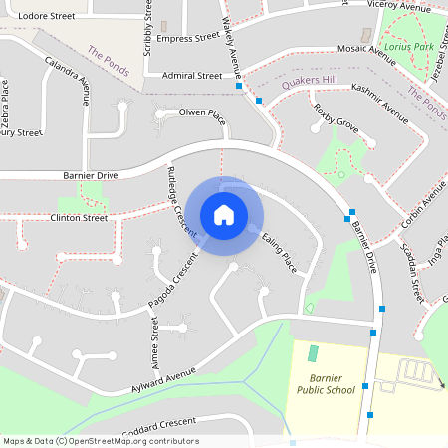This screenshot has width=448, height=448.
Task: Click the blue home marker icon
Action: [x=224, y=214]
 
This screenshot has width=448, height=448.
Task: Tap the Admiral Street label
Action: [x=192, y=75]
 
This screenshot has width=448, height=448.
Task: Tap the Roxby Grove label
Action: [x=336, y=115]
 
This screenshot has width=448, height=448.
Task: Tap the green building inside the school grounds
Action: [x=313, y=353]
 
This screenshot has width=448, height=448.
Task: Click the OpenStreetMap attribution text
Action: [x=101, y=440]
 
